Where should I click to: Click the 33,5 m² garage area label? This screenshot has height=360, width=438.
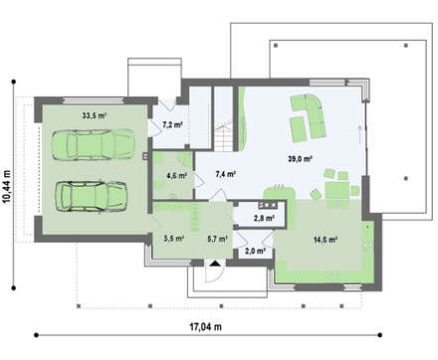95,115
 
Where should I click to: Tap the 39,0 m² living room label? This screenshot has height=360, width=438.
300,159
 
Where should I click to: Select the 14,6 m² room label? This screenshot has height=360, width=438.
326,240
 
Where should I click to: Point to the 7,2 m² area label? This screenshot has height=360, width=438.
172,124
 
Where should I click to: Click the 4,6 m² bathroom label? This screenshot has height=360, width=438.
177,176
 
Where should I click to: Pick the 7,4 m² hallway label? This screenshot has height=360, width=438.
226,174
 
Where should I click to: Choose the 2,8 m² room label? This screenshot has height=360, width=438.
264,218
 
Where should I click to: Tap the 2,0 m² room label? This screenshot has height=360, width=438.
255,251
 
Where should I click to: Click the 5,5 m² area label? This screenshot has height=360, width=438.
174,238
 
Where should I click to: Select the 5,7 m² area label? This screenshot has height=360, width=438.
217,238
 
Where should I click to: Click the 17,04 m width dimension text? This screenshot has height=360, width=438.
206,327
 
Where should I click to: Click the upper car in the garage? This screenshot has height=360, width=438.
94,145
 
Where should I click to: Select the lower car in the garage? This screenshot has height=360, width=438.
92,196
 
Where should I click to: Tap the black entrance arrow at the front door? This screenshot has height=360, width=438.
215,264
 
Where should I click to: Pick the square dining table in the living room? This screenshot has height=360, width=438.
337,190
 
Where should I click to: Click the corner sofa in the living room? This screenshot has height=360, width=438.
309,116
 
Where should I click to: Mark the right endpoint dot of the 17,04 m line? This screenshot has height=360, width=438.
380,335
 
